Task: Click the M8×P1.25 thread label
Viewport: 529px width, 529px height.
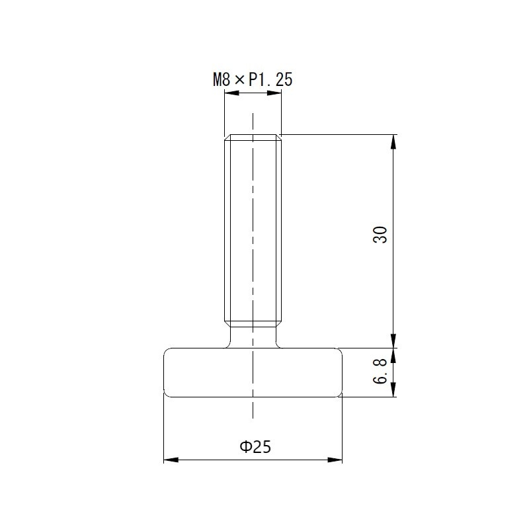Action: click(253, 79)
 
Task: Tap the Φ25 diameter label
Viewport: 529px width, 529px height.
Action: click(255, 447)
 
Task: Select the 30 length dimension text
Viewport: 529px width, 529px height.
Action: click(380, 235)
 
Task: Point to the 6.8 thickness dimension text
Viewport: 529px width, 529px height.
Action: click(380, 371)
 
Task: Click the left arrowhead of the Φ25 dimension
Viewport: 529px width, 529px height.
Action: click(171, 460)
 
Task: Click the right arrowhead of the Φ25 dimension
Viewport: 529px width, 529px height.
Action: click(335, 460)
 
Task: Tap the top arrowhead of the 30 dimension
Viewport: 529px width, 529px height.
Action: click(393, 142)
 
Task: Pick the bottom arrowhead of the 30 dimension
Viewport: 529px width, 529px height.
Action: click(393, 341)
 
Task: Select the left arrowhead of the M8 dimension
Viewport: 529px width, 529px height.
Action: click(232, 93)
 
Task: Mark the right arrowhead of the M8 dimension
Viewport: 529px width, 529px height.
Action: click(274, 93)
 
